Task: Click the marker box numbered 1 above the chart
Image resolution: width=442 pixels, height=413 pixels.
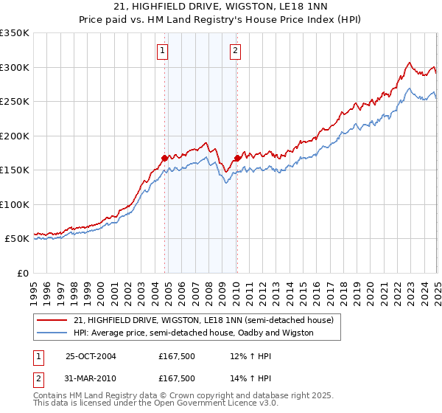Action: click(x=161, y=51)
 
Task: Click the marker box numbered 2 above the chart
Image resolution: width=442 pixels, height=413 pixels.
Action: click(x=235, y=51)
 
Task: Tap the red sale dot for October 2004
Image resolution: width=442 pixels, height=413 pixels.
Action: click(x=164, y=157)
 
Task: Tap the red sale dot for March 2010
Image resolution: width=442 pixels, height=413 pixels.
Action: click(x=237, y=157)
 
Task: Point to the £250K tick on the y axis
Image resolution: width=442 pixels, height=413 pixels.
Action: click(x=15, y=102)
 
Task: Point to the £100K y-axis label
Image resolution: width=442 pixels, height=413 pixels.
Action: click(x=15, y=204)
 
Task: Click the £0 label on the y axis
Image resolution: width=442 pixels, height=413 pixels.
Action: click(x=23, y=273)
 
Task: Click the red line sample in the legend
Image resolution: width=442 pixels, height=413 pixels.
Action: click(x=52, y=321)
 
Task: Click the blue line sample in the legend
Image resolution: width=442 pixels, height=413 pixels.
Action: click(x=52, y=333)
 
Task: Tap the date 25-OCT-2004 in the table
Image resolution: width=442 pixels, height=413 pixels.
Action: click(x=91, y=356)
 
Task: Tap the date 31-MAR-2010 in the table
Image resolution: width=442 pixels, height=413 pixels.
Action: click(x=91, y=378)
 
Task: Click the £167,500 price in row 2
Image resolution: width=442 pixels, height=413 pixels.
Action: click(x=177, y=378)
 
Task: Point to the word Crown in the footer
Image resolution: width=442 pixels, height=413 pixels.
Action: click(x=169, y=395)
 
